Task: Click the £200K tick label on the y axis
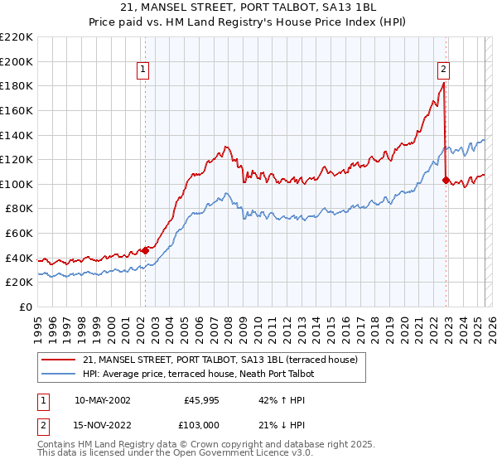click(17, 61)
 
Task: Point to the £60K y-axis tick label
click(19, 234)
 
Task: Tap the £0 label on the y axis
click(26, 307)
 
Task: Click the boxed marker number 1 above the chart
click(144, 70)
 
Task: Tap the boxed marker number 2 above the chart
click(444, 70)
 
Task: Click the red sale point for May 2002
click(145, 249)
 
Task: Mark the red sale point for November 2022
click(446, 180)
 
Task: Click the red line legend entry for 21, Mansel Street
click(220, 360)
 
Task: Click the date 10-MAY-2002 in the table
click(102, 399)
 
